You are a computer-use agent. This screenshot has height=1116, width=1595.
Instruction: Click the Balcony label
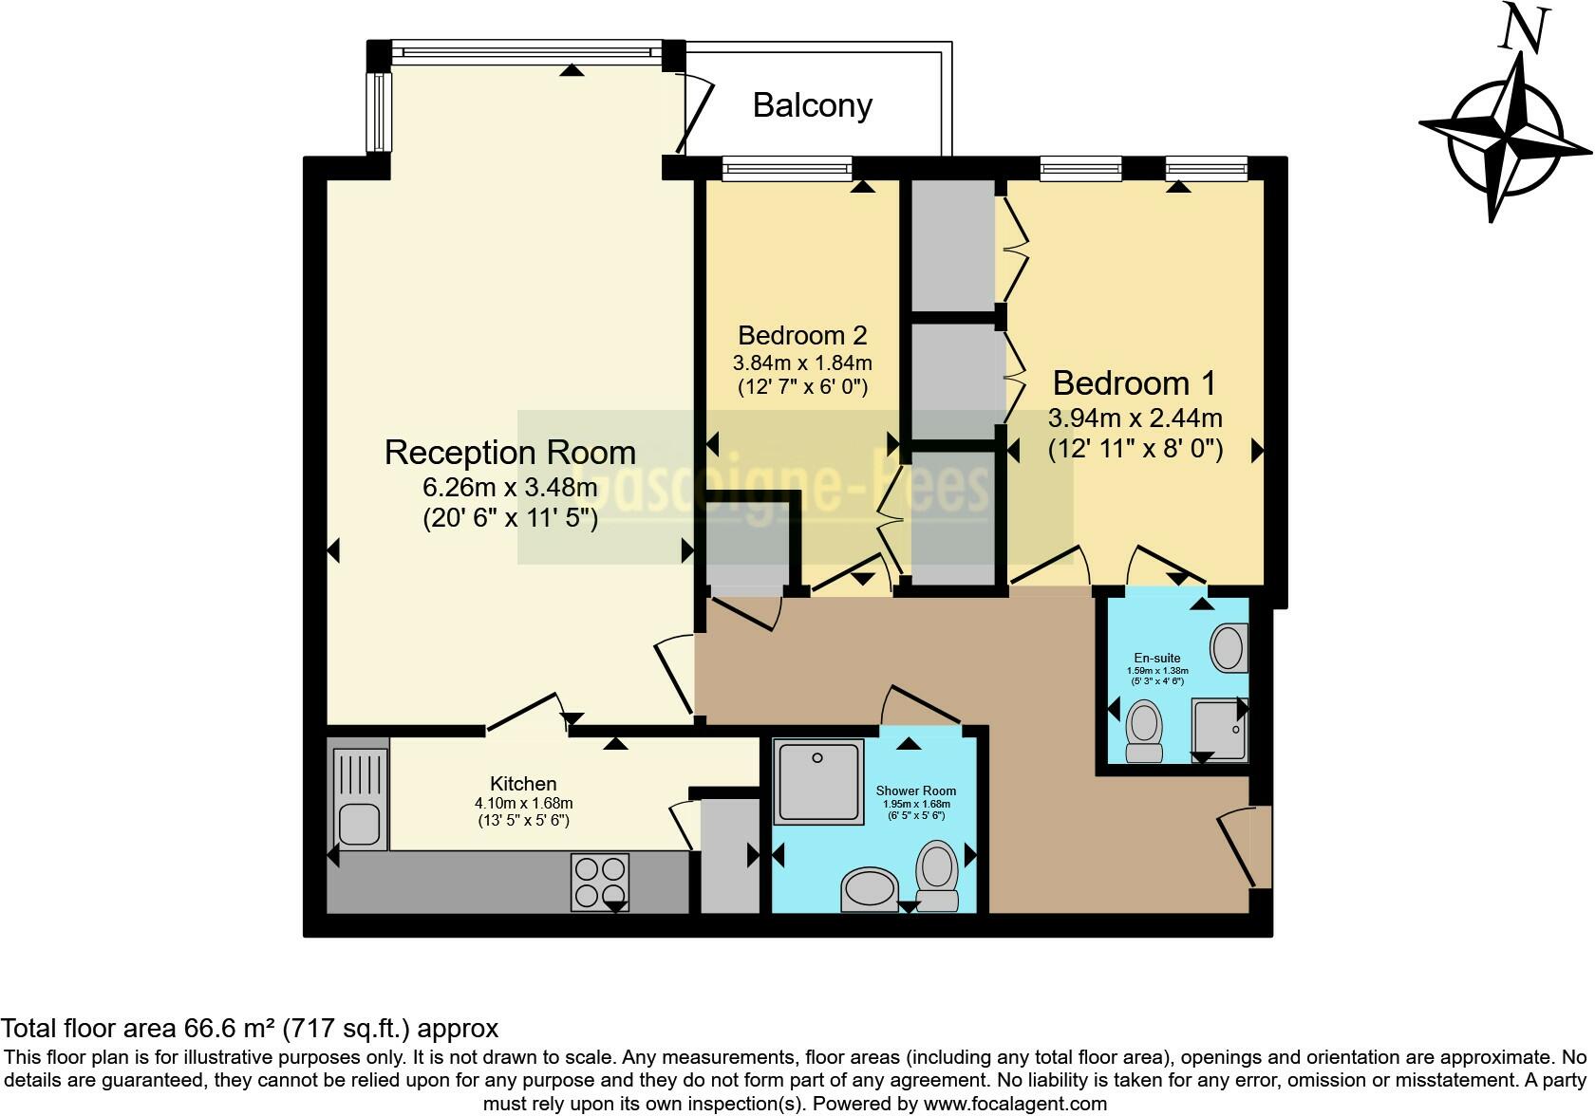[812, 104]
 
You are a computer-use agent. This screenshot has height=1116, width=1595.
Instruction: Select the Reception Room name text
[510, 453]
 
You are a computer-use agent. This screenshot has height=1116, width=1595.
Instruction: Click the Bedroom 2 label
[802, 335]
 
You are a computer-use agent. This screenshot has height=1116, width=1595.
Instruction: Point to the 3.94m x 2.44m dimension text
[1135, 418]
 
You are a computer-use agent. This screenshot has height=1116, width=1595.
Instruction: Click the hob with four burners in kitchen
[600, 883]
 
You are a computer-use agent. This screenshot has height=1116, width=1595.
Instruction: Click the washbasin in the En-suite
[1229, 648]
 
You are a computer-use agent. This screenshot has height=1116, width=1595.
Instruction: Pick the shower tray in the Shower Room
[820, 780]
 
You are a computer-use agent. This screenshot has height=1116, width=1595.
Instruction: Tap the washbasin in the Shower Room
[869, 890]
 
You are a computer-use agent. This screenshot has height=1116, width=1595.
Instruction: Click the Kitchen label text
[523, 784]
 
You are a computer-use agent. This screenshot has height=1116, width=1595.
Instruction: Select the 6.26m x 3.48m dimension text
[510, 488]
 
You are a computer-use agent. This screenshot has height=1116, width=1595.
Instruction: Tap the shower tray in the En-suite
[1219, 729]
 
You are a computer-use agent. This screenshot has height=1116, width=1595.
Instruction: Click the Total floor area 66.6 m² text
[249, 1028]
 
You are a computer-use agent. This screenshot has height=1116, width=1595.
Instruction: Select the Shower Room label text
[915, 790]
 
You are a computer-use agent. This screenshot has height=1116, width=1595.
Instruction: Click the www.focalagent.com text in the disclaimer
[1015, 1104]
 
